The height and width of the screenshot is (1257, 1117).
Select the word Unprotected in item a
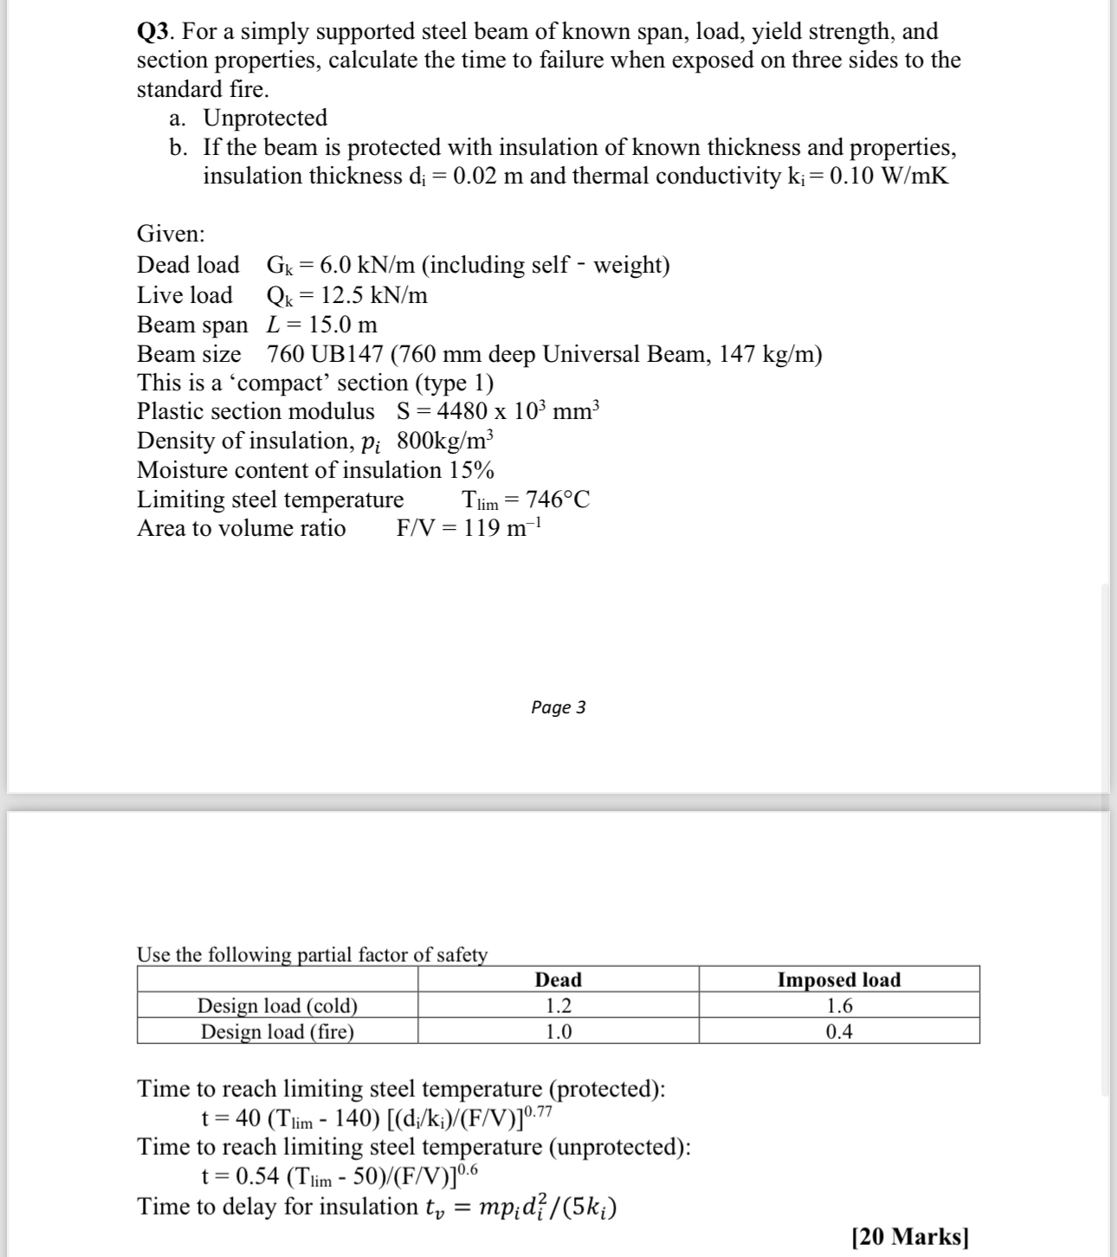pyautogui.click(x=265, y=118)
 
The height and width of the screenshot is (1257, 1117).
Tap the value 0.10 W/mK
pyautogui.click(x=888, y=176)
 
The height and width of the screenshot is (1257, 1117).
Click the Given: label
pyautogui.click(x=171, y=234)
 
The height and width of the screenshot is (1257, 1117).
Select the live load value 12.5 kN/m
pyautogui.click(x=373, y=295)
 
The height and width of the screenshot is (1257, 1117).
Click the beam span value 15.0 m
pyautogui.click(x=343, y=325)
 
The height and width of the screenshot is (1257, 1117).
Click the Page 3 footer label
pyautogui.click(x=558, y=707)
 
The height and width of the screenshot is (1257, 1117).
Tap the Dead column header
pyautogui.click(x=558, y=980)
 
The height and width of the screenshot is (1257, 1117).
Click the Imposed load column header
pyautogui.click(x=838, y=980)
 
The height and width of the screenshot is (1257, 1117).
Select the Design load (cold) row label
pyautogui.click(x=277, y=1006)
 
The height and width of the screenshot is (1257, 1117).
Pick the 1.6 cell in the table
pyautogui.click(x=838, y=1006)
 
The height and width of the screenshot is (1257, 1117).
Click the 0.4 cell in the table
pyautogui.click(x=838, y=1031)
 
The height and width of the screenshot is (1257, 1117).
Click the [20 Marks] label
pyautogui.click(x=909, y=1236)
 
